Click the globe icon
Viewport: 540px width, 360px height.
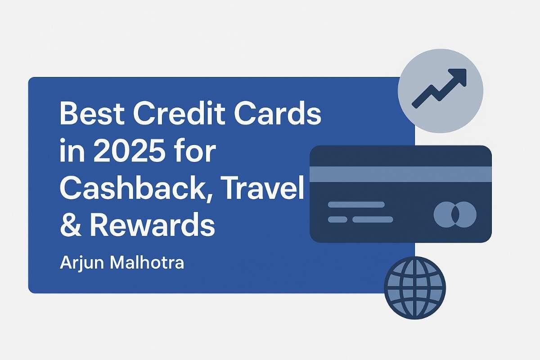click(x=414, y=288)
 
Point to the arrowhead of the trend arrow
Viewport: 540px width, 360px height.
click(x=459, y=76)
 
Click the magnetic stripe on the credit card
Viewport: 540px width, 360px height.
click(x=400, y=174)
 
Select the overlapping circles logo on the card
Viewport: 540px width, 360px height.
click(x=454, y=213)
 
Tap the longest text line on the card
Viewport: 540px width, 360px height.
click(x=356, y=204)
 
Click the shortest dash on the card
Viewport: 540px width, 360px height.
click(x=337, y=220)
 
